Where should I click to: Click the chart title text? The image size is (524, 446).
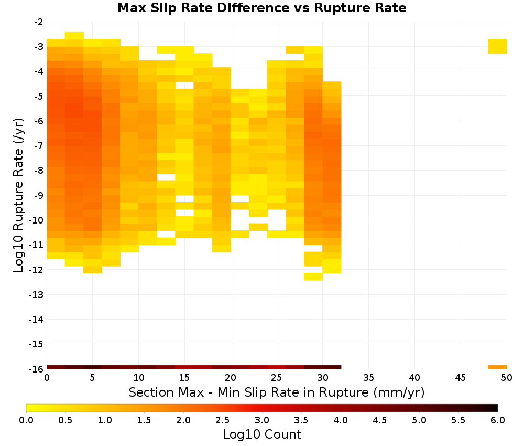(261, 8)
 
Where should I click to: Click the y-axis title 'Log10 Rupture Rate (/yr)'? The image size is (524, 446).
(18, 195)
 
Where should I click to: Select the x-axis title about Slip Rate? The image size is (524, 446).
(277, 392)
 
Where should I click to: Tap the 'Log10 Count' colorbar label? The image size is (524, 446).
(261, 434)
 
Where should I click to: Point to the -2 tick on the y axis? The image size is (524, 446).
(39, 22)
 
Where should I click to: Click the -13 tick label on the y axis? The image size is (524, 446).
(37, 295)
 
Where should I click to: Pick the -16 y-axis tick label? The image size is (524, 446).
(37, 369)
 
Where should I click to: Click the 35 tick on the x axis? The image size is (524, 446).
(368, 378)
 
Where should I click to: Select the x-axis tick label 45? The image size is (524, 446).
(461, 378)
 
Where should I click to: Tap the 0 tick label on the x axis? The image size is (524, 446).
(47, 378)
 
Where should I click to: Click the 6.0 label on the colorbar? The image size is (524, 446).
(498, 420)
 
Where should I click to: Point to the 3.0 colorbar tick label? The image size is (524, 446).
(262, 420)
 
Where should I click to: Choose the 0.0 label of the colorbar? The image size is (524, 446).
(26, 420)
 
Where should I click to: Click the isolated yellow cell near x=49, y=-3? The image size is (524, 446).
(497, 46)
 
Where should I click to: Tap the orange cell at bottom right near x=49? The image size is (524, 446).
(497, 367)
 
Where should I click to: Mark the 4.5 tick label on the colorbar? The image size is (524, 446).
(379, 420)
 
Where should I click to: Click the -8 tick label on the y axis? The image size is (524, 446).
(39, 171)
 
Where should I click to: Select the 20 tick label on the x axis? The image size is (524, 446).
(231, 378)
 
